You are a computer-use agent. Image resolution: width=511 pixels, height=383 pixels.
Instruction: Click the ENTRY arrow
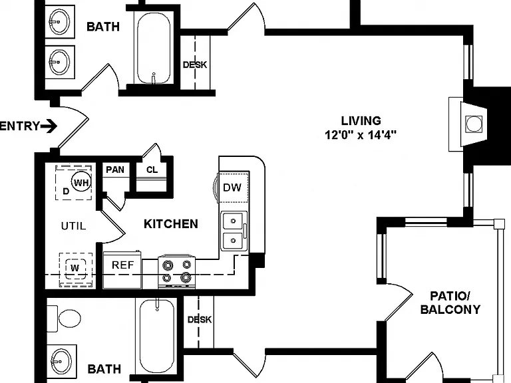pos(49,126)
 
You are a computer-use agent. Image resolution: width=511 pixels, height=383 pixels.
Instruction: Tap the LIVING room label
pos(361,121)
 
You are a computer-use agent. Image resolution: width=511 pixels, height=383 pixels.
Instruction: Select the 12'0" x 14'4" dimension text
pos(361,134)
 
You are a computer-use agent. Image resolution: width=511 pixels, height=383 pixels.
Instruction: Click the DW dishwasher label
pos(232,188)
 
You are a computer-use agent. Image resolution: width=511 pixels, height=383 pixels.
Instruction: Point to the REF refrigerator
pos(123,270)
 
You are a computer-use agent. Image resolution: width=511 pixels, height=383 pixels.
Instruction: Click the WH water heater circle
pos(81,182)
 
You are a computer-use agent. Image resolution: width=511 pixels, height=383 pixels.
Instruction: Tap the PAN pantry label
pos(115,170)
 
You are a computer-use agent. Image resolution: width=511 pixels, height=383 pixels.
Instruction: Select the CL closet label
pos(152,170)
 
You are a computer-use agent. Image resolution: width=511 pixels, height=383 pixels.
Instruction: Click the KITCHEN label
pos(171,224)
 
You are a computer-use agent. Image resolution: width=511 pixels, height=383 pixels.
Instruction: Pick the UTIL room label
pos(74,225)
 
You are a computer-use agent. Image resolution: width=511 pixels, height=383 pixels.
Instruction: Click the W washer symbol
pos(75,269)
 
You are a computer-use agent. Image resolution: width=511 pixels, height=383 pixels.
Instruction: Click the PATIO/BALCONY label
pos(450,303)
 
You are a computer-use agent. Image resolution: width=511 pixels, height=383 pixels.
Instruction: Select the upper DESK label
pos(195,64)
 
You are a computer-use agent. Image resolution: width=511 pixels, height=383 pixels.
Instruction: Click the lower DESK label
pos(200,319)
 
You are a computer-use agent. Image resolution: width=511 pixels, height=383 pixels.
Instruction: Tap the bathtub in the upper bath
pos(154,49)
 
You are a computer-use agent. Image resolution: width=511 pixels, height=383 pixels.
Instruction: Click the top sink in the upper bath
pos(59,21)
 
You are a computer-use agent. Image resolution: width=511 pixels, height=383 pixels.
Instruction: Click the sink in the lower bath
pos(62,362)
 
